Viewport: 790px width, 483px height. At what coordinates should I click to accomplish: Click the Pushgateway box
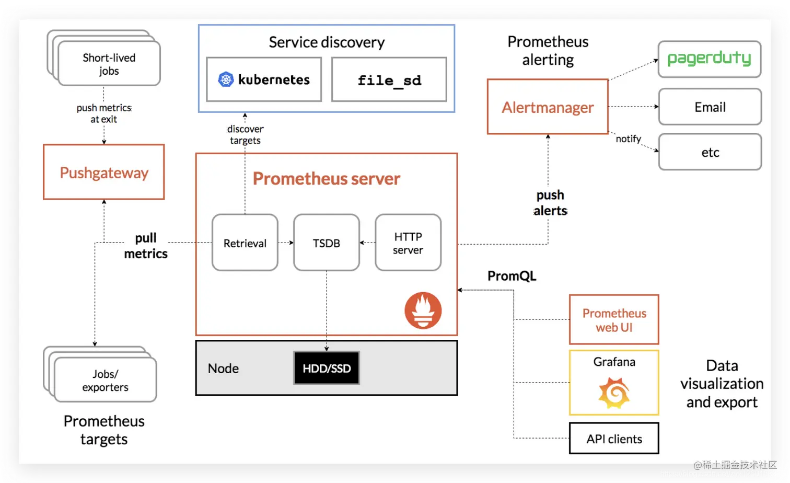point(103,172)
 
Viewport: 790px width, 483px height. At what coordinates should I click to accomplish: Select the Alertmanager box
point(548,107)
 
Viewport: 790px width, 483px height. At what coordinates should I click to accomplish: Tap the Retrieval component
point(245,243)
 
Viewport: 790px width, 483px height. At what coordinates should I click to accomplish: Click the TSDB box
point(326,243)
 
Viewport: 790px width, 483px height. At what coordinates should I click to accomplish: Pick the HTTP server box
point(408,243)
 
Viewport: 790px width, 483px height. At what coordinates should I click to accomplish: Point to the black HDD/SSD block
point(327,368)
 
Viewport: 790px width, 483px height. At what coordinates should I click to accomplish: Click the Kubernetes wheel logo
point(226,79)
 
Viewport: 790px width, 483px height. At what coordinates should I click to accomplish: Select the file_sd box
point(389,80)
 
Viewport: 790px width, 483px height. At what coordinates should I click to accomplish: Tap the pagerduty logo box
point(710,59)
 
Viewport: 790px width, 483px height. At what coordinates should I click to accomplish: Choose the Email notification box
point(710,107)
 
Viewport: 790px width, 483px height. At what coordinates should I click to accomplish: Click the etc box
point(710,152)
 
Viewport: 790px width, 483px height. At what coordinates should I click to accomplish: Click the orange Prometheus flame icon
point(423,310)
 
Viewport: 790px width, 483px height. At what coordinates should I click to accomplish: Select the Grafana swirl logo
point(614,393)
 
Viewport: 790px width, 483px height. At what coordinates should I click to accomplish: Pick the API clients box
point(614,439)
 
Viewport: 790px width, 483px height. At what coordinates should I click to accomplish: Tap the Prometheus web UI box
point(614,320)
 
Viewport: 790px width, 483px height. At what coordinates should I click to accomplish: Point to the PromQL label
point(512,276)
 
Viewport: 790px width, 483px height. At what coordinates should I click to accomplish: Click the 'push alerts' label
point(550,203)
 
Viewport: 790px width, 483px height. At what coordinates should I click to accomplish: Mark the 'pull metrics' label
point(146,246)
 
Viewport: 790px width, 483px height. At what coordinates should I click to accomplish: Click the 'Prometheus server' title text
point(327,179)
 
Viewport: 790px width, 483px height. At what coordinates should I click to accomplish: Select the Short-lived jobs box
point(109,64)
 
